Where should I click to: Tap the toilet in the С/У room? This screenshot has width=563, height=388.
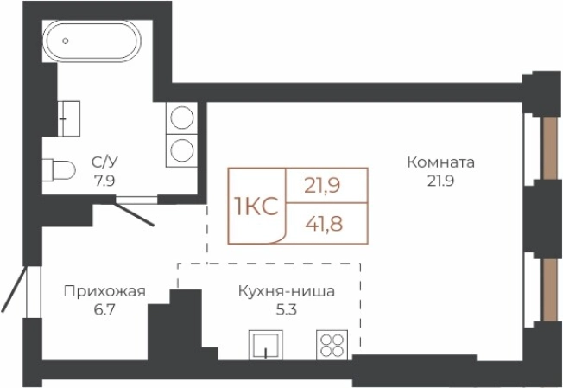pos(58,169)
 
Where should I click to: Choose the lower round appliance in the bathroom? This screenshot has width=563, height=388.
pos(181,149)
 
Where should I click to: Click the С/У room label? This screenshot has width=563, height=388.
pos(105,161)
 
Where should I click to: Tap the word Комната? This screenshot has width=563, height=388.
pos(441,162)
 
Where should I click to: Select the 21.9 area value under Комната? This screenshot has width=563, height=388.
pos(441,181)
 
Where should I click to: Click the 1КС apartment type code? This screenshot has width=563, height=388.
pos(255,207)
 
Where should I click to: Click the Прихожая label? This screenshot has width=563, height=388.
pos(104,291)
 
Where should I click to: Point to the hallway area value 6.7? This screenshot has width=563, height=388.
pos(104,310)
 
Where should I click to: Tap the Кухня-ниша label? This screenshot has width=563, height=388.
pos(287,291)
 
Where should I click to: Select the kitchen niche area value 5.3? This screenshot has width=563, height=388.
pos(287,310)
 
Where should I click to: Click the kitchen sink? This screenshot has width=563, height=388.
pos(266,345)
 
